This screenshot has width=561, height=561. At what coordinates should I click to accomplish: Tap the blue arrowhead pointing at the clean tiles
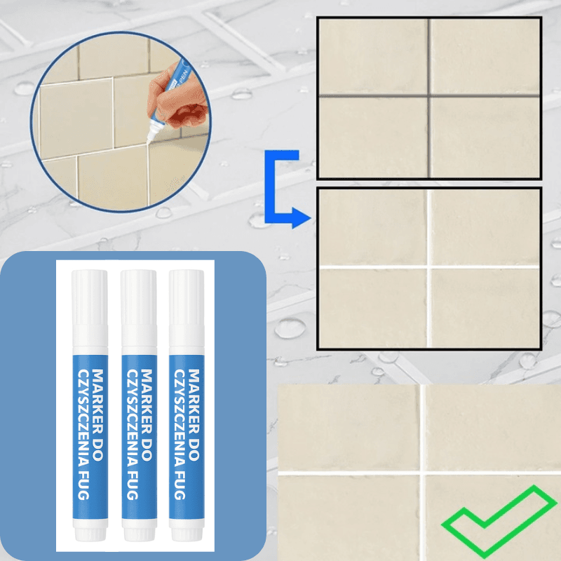click(x=302, y=217)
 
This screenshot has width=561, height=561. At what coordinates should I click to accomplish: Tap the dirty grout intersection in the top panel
click(x=428, y=95)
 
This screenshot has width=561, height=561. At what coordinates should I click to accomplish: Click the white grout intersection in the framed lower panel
click(x=428, y=267)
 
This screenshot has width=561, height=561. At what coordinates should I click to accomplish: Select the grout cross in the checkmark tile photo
click(x=423, y=473)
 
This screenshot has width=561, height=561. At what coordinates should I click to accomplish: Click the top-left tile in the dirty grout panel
click(x=373, y=57)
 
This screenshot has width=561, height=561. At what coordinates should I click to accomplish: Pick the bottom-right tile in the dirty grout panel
click(x=485, y=137)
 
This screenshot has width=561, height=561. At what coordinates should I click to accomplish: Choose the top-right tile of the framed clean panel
click(x=485, y=227)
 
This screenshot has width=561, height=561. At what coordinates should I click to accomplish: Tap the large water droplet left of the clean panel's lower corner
click(x=290, y=328)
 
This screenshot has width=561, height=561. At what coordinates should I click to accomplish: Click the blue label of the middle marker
click(x=139, y=436)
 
